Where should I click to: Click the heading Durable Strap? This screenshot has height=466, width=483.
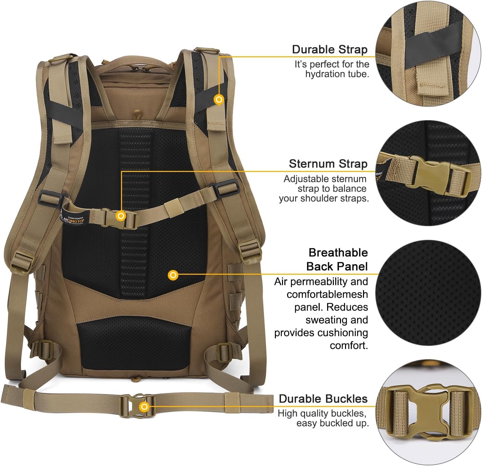coord(329,50)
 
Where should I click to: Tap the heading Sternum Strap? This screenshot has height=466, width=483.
coord(328,164)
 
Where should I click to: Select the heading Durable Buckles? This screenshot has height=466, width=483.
coord(323,399)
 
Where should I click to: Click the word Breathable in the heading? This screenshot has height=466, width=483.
coord(338,253)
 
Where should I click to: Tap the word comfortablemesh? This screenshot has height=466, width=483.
coord(327,294)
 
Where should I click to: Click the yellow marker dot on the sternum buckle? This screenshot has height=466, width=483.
coord(121,216)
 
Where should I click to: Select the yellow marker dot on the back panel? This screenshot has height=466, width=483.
coord(173,275)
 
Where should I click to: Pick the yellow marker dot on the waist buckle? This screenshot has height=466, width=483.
coord(144,406)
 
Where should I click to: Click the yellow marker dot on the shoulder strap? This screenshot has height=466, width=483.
coord(219,100)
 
